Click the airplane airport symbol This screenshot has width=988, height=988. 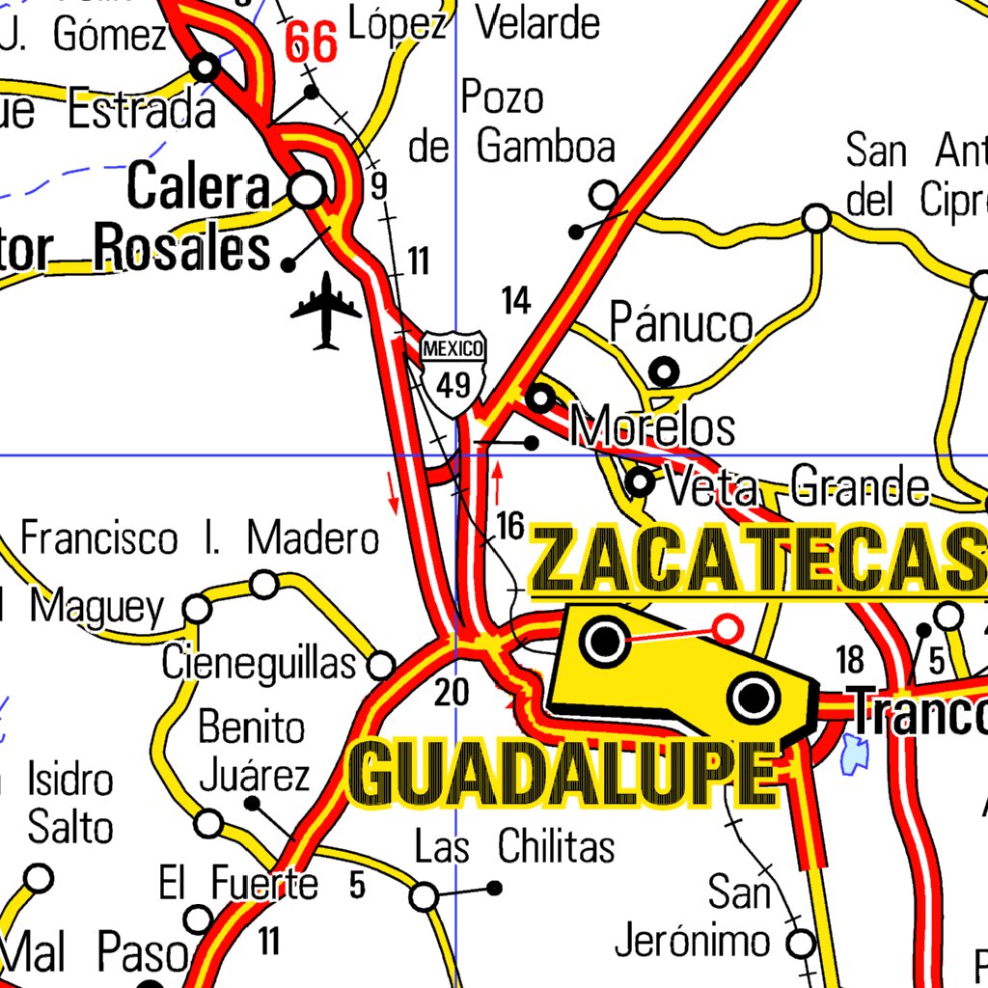[326, 310]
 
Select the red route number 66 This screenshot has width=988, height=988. [312, 43]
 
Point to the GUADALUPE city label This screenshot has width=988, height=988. [563, 775]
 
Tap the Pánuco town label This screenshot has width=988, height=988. [681, 324]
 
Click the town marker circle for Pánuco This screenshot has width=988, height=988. [664, 370]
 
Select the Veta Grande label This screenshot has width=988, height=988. [797, 486]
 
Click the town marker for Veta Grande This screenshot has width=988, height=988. [640, 481]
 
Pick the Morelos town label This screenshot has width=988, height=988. [653, 426]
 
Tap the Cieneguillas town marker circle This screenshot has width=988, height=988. [382, 666]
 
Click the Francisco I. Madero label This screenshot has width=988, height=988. [201, 538]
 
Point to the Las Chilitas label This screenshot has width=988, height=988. [514, 847]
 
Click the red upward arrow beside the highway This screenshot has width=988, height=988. [498, 483]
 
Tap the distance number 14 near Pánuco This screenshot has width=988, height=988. [516, 301]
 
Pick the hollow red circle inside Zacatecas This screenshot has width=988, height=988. [727, 629]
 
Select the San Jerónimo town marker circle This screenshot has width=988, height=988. [801, 942]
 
